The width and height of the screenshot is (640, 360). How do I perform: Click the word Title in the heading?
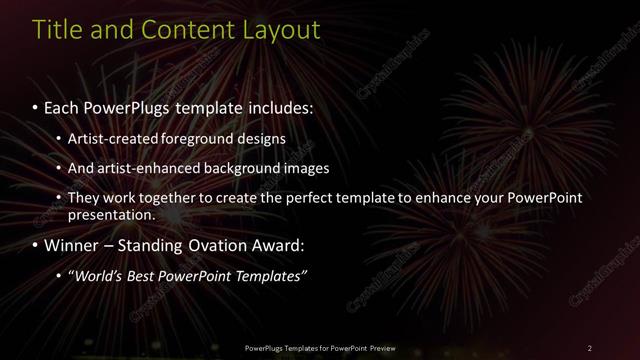(57, 30)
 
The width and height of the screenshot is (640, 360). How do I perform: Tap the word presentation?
(112, 214)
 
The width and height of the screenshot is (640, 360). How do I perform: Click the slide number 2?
(590, 347)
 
